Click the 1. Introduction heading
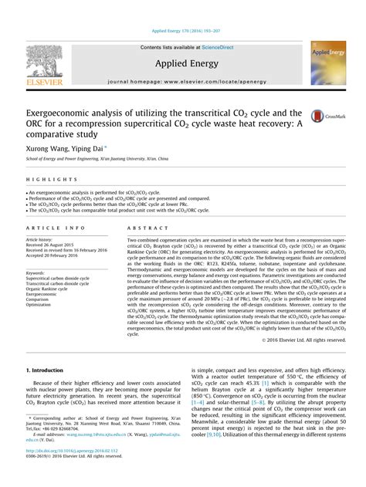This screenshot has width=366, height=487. click(x=48, y=371)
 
